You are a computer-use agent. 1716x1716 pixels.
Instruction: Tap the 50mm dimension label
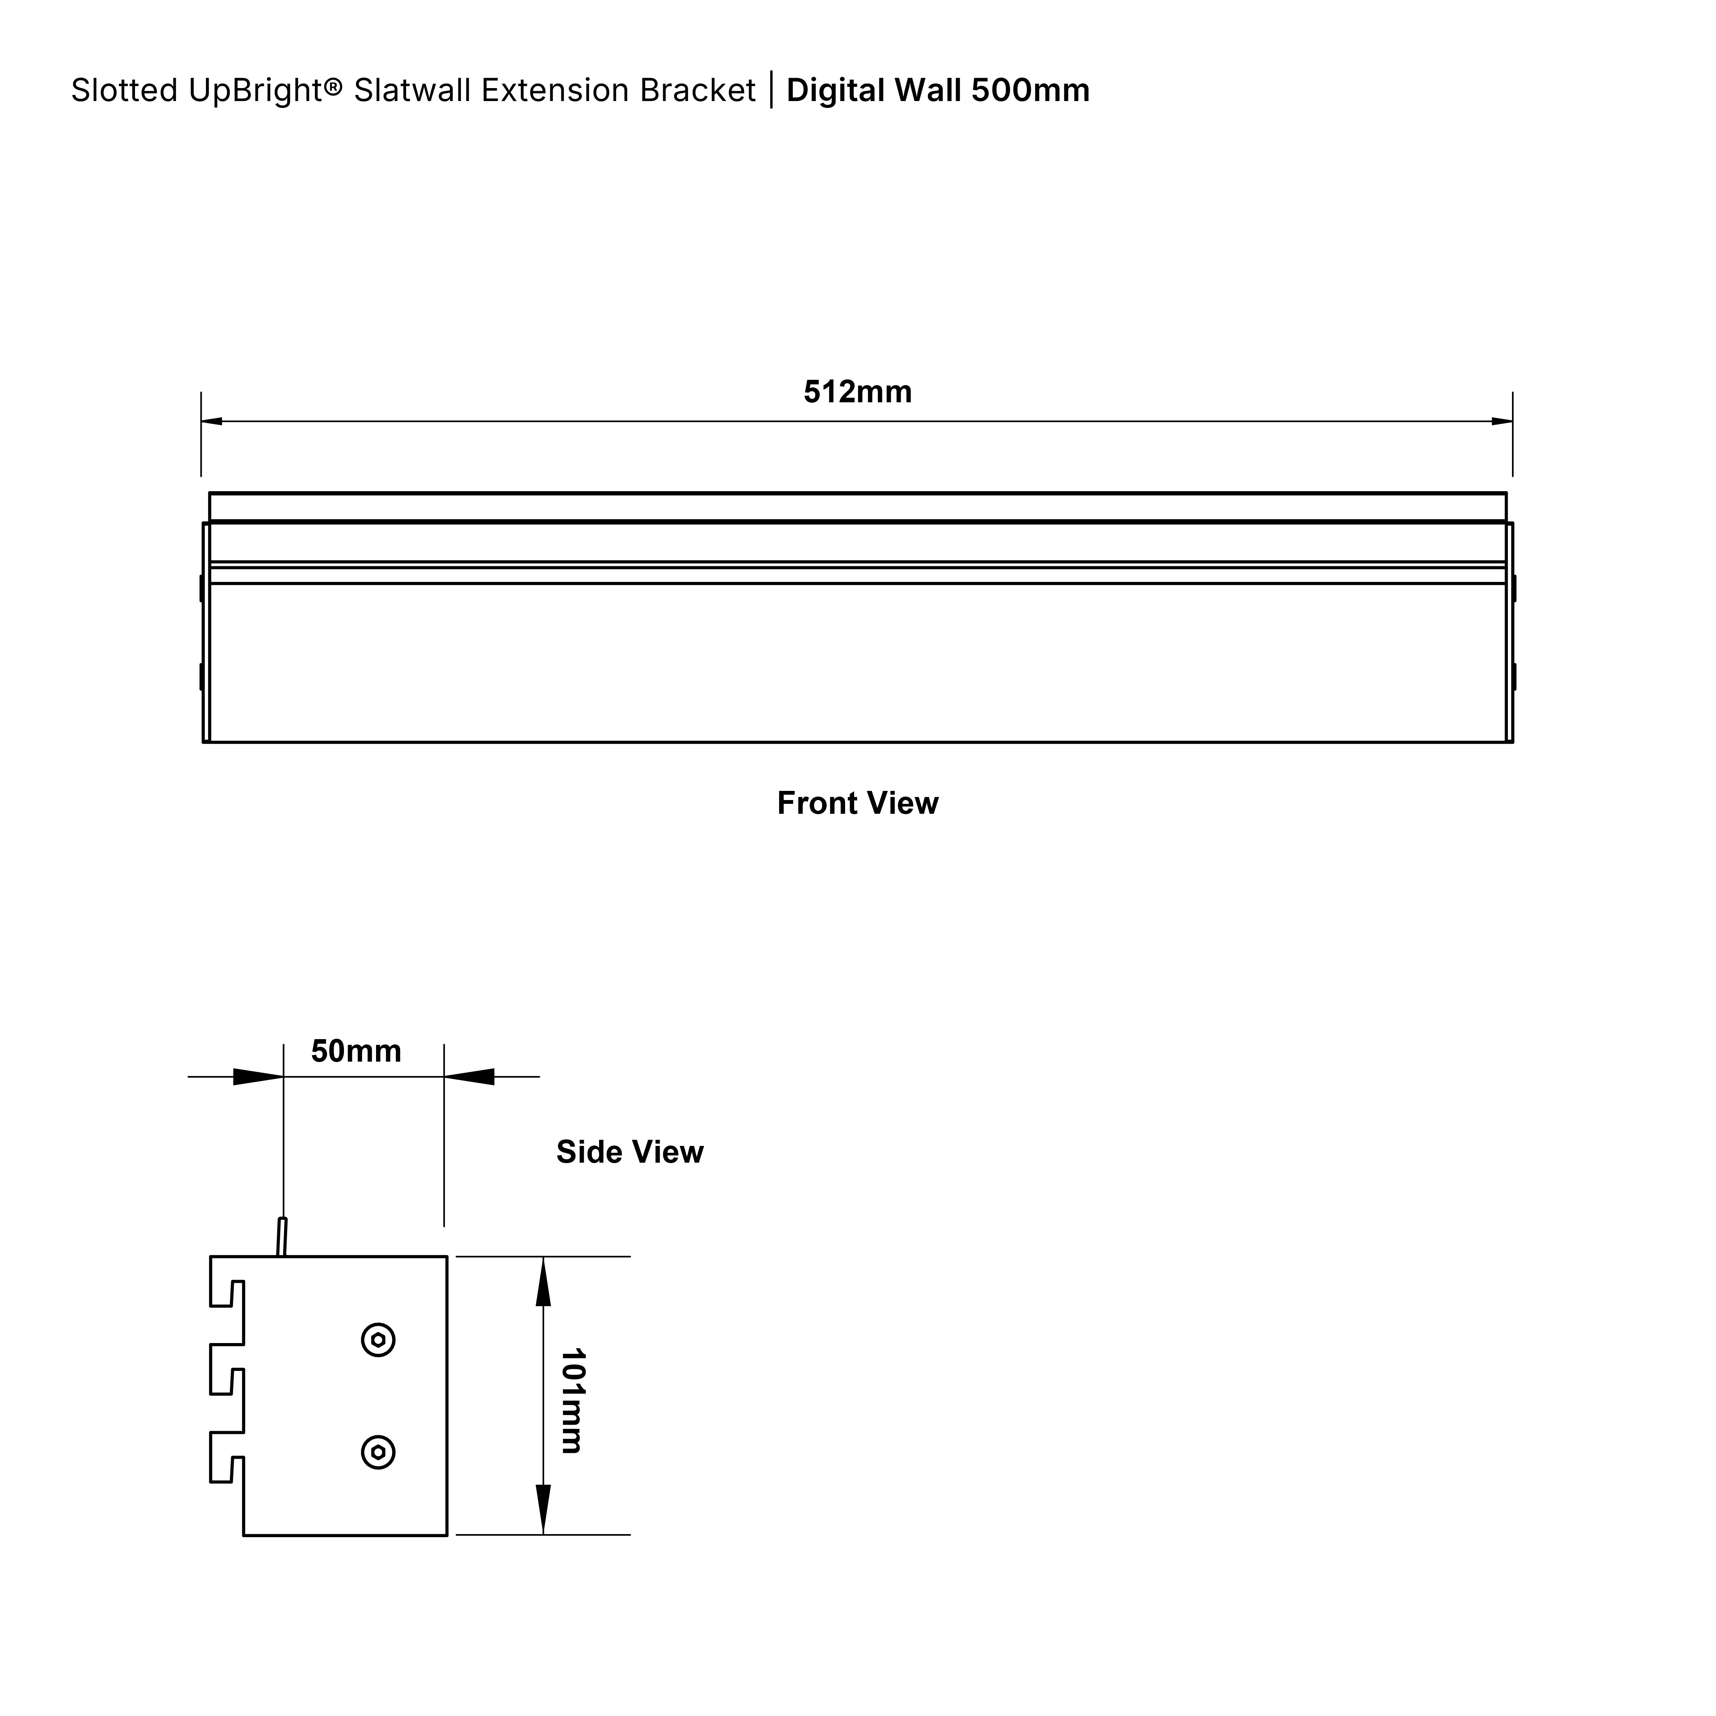(x=356, y=1052)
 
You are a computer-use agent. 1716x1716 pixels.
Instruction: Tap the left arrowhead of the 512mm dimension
(x=211, y=421)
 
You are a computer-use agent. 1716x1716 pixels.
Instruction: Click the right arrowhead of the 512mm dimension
(x=1502, y=421)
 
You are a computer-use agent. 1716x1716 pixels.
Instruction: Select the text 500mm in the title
(x=1030, y=91)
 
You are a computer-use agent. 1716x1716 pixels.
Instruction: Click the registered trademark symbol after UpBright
(x=333, y=86)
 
